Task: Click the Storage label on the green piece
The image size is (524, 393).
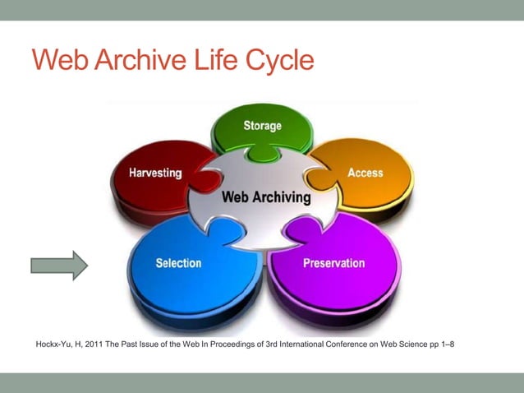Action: point(262,126)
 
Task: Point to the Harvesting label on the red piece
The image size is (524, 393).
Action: point(155,173)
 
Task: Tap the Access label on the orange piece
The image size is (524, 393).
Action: point(365,173)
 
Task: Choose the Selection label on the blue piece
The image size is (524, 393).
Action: point(178,263)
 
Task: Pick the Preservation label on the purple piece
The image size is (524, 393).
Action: point(333,263)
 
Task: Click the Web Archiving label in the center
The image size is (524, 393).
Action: point(267,197)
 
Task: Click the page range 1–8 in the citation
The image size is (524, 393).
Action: point(446,344)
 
